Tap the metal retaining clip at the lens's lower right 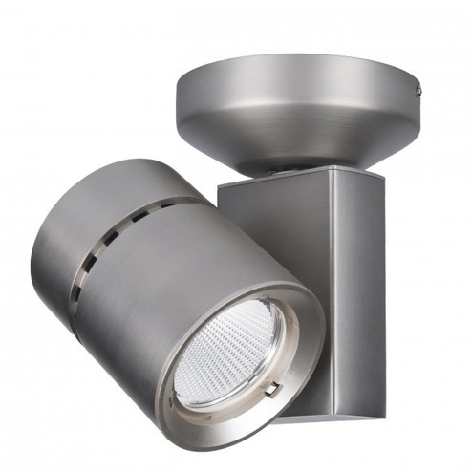[x=272, y=390]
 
